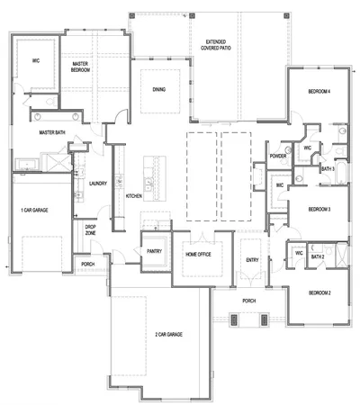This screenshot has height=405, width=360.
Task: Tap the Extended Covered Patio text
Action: click(x=216, y=47)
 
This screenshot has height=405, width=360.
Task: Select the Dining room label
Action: click(x=158, y=89)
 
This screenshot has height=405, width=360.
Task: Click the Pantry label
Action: click(x=153, y=251)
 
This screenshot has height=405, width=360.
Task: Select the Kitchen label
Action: click(x=134, y=195)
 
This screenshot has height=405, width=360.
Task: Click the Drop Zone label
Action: click(x=91, y=229)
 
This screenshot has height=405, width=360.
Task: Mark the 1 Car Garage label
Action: click(x=37, y=210)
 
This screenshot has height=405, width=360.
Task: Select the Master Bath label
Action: click(x=53, y=132)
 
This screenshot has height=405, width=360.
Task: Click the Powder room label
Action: click(x=277, y=156)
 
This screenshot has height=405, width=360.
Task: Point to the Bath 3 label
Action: click(x=328, y=168)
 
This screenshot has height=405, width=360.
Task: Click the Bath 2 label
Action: click(x=317, y=256)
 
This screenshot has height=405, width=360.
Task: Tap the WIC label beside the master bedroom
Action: click(x=35, y=60)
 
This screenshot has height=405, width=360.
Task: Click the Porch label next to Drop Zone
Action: click(x=88, y=264)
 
